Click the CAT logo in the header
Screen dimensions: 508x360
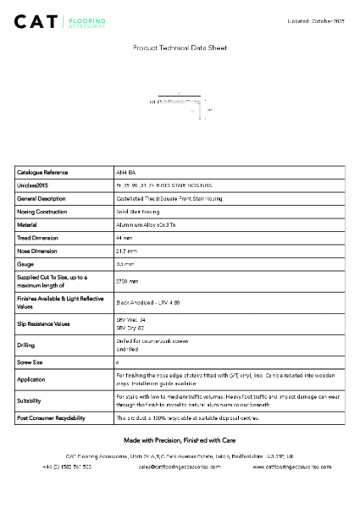[60, 21]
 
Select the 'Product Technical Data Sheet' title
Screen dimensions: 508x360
[180, 48]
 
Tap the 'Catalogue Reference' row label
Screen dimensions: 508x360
[42, 172]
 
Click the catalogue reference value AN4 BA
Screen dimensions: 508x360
[125, 172]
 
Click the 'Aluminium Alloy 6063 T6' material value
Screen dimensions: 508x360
[146, 225]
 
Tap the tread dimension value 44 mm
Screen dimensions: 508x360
[124, 238]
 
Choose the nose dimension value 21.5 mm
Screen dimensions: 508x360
[127, 251]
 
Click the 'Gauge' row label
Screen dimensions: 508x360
[25, 264]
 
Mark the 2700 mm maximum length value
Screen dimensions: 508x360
[127, 281]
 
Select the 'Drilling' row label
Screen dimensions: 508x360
[26, 345]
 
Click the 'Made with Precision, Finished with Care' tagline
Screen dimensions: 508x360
[180, 440]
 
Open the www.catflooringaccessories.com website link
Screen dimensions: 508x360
[292, 467]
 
